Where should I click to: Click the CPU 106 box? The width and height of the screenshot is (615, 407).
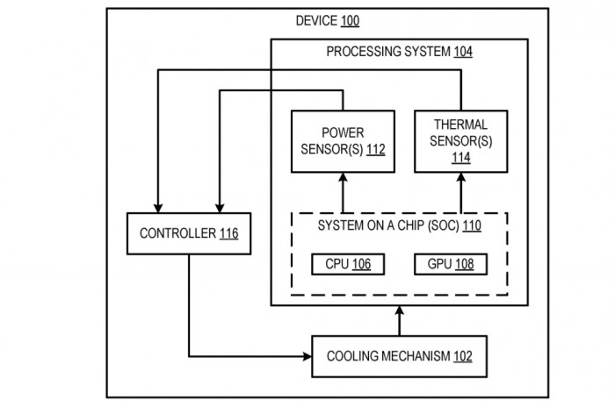[x=348, y=263]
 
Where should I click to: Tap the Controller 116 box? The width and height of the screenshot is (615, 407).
[x=189, y=234]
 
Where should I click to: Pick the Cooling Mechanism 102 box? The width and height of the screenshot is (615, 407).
[x=399, y=357]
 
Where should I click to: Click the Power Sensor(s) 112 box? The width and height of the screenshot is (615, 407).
[x=343, y=140]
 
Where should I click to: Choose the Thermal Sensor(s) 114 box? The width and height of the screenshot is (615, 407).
[x=460, y=140]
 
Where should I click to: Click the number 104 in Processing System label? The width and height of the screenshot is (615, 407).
[x=463, y=52]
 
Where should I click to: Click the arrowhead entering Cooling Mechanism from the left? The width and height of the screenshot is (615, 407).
[x=307, y=357]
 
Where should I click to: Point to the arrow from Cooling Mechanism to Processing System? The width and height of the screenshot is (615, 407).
[x=399, y=320]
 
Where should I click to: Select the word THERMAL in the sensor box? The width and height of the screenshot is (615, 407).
[x=461, y=125]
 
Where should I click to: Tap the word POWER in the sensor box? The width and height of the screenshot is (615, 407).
[x=343, y=132]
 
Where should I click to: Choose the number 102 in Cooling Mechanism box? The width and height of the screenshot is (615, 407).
[x=463, y=357]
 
